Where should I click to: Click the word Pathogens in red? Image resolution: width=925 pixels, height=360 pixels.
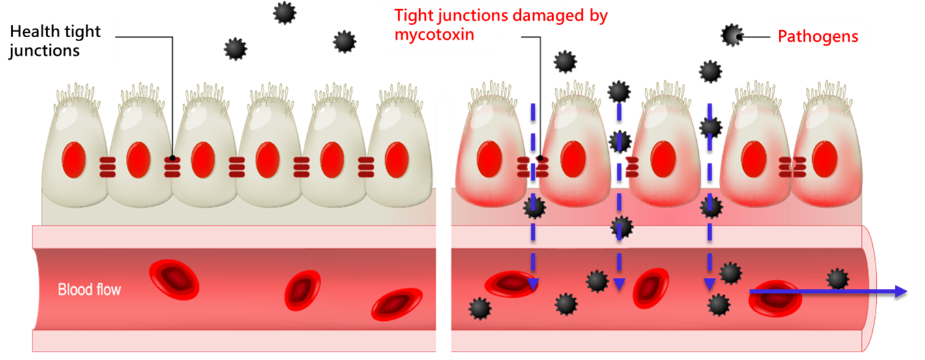pyautogui.click(x=817, y=37)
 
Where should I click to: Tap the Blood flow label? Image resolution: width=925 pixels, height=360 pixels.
pyautogui.click(x=89, y=290)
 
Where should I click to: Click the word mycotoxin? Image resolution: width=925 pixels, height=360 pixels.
pyautogui.click(x=434, y=35)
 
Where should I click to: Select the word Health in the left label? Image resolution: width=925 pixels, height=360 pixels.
pyautogui.click(x=35, y=31)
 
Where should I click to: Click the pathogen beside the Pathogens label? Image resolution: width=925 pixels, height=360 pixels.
pyautogui.click(x=732, y=35)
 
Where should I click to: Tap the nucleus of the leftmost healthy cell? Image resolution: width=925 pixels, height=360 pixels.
pyautogui.click(x=74, y=160)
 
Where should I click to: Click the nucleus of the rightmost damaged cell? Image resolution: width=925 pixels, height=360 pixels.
pyautogui.click(x=825, y=159)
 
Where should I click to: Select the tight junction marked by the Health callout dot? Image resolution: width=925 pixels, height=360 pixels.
pyautogui.click(x=172, y=167)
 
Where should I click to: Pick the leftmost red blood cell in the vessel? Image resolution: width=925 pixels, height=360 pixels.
pyautogui.click(x=174, y=279)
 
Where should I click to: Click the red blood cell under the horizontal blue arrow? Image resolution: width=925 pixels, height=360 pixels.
pyautogui.click(x=775, y=299)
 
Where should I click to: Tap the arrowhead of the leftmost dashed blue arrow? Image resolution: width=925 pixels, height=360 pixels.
pyautogui.click(x=533, y=284)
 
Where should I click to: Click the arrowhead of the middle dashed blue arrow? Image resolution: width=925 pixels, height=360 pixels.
pyautogui.click(x=619, y=284)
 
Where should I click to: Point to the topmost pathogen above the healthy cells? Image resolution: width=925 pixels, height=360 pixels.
pyautogui.click(x=284, y=13)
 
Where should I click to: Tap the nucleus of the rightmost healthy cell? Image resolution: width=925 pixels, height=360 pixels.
pyautogui.click(x=397, y=160)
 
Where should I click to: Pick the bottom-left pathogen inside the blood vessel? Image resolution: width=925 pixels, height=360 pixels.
pyautogui.click(x=480, y=308)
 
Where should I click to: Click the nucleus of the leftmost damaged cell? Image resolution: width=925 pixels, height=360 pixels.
pyautogui.click(x=490, y=159)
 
